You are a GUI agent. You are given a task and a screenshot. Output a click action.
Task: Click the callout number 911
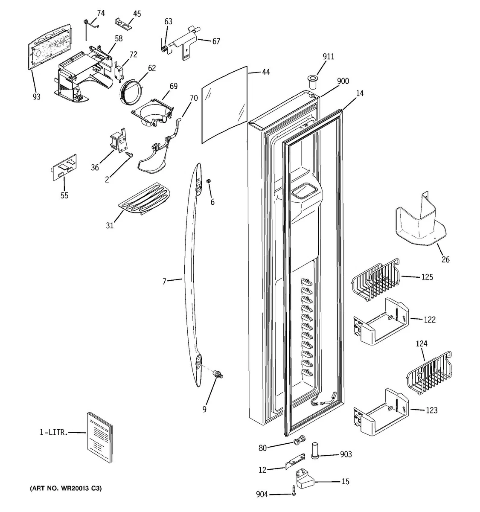[x=328, y=57]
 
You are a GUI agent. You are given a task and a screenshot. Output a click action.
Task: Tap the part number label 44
[x=266, y=72]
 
